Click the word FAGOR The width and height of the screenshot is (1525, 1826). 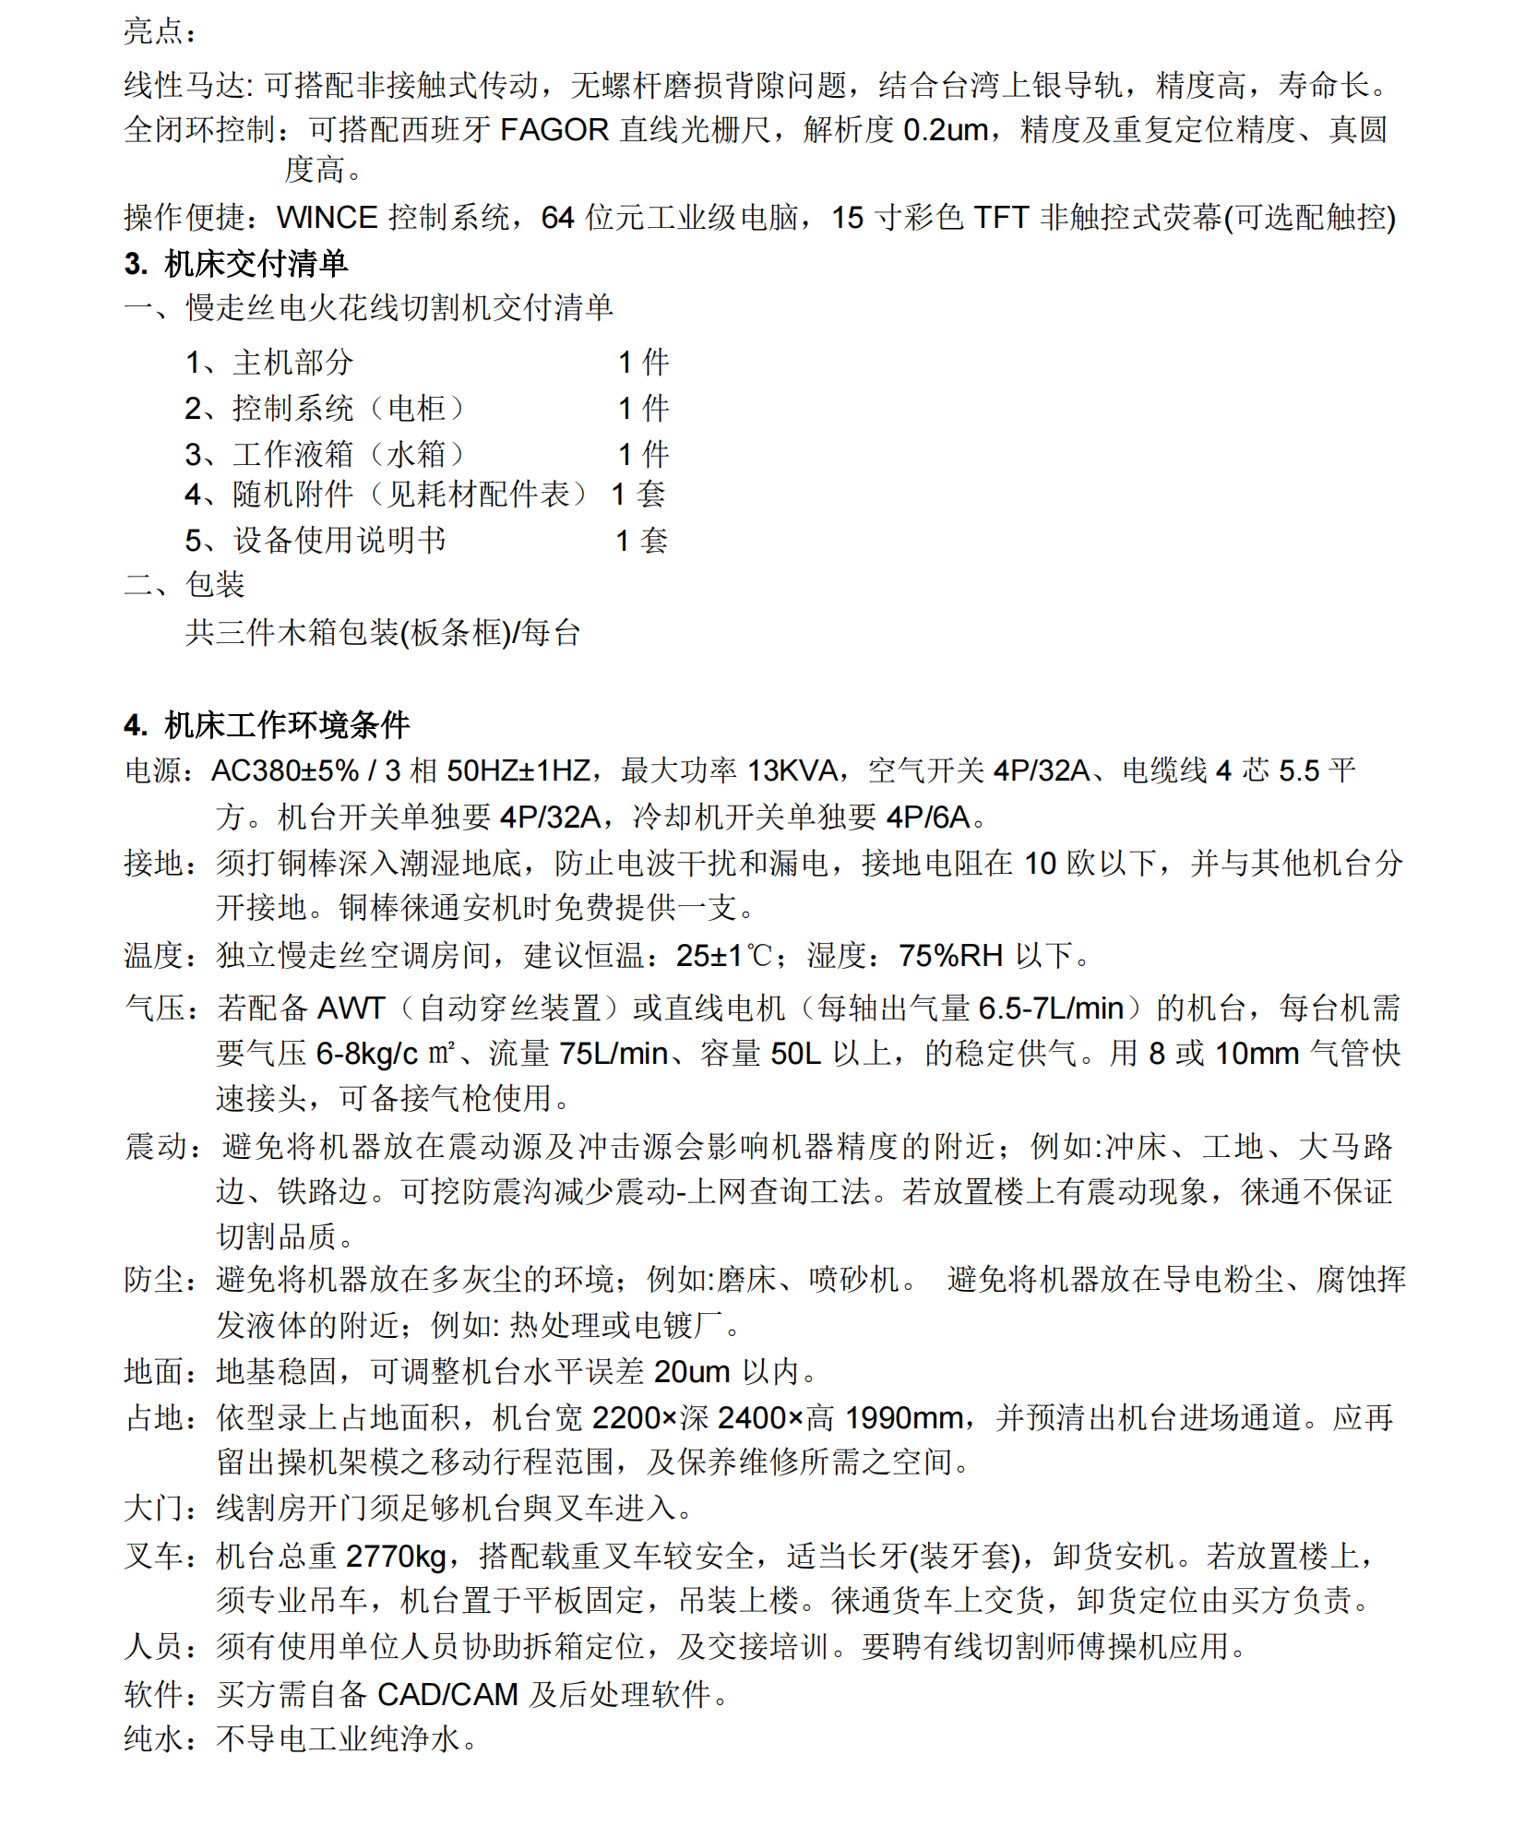click(x=554, y=130)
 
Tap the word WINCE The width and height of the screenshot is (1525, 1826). click(x=327, y=218)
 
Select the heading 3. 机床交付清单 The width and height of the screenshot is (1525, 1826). click(x=236, y=264)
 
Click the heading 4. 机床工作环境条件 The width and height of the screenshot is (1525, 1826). click(x=267, y=725)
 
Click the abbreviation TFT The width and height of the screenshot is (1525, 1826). click(x=1001, y=218)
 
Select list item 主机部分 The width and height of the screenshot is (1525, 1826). click(x=292, y=363)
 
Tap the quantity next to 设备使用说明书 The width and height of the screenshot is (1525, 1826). click(x=641, y=541)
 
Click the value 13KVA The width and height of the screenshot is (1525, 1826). click(x=792, y=770)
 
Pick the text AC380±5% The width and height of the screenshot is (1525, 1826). click(x=285, y=770)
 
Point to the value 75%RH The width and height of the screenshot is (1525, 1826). click(x=950, y=956)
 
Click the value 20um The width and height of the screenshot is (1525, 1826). click(x=692, y=1372)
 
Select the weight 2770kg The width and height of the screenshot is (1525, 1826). click(x=396, y=1557)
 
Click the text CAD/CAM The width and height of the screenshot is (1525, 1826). click(x=447, y=1695)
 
